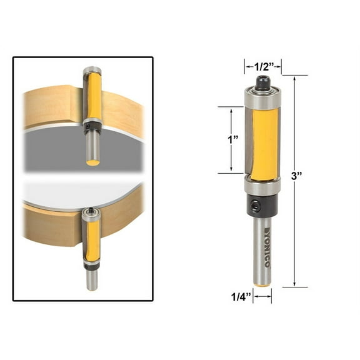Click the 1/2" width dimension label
coord(262,64)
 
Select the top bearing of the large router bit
coord(262,96)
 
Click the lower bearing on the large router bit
coord(262,187)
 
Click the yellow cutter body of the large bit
coord(263,141)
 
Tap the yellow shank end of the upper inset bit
coord(92,162)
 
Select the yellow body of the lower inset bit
coord(92,241)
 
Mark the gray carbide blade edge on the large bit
coord(249,141)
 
